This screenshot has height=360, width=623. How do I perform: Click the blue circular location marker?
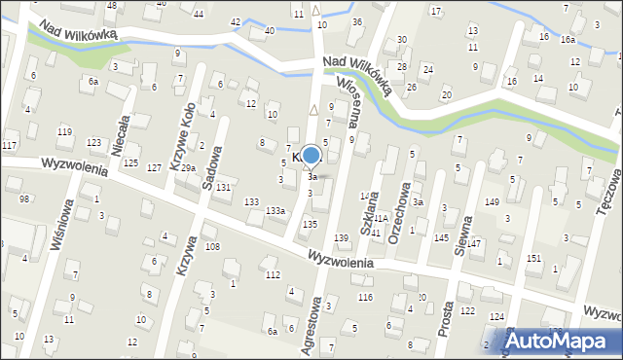(311, 156)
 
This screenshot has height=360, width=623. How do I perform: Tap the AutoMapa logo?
(559, 340)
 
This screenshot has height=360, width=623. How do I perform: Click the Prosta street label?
(447, 317)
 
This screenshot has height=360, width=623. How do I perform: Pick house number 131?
(223, 186)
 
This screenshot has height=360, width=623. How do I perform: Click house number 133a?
(275, 210)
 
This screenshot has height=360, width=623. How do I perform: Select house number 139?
(341, 238)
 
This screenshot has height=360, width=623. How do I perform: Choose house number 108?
(211, 247)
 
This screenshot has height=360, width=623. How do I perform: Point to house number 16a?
(568, 40)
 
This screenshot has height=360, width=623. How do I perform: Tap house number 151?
(533, 258)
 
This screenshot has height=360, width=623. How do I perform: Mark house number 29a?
(187, 168)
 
